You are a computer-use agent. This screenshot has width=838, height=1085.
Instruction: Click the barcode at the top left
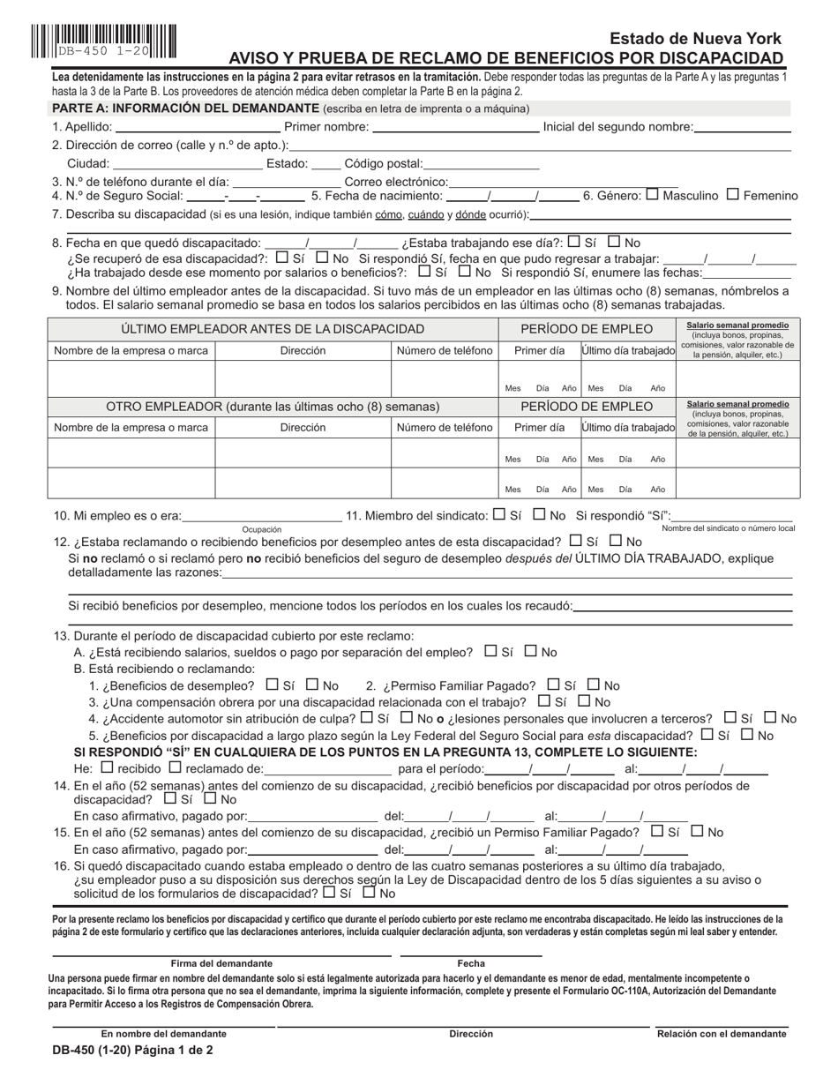[103, 41]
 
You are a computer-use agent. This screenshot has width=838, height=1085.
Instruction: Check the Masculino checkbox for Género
[653, 195]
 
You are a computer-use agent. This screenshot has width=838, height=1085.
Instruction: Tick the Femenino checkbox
[732, 195]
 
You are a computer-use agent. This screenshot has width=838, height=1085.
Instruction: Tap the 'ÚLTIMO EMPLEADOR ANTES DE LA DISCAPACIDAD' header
[273, 329]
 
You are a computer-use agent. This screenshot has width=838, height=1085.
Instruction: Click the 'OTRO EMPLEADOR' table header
[273, 407]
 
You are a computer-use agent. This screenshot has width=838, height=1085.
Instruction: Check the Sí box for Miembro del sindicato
[499, 515]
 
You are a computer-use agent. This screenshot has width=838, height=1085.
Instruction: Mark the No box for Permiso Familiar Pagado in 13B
[594, 685]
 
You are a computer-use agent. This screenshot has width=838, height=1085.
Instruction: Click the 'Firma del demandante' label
[221, 964]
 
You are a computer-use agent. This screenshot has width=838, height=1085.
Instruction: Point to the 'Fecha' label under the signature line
[471, 964]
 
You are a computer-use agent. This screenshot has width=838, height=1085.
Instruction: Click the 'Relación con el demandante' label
[721, 1034]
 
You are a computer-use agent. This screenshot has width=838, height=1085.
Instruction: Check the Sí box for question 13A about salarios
[491, 652]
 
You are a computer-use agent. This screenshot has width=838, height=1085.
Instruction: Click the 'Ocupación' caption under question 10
[262, 529]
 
